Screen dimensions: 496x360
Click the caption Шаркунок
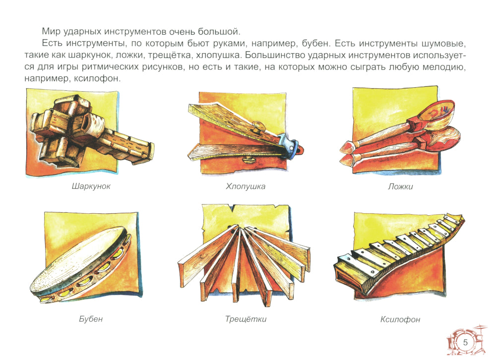click(91, 186)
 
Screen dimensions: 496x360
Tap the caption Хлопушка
click(246, 186)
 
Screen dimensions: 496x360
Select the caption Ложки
click(400, 186)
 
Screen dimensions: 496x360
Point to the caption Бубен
click(91, 318)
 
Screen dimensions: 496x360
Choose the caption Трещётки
click(246, 319)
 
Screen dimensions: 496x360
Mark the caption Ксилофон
click(400, 319)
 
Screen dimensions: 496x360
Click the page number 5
click(465, 342)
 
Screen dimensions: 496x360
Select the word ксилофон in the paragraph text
click(97, 78)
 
